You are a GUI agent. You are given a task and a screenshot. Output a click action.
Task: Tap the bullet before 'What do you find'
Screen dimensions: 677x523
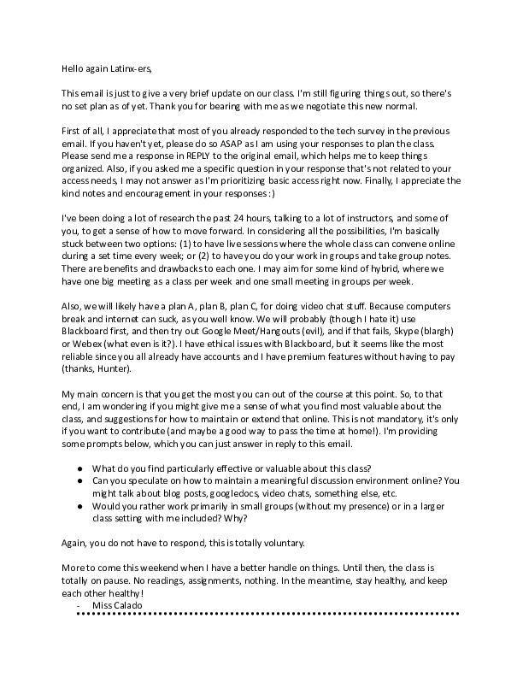pyautogui.click(x=79, y=470)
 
